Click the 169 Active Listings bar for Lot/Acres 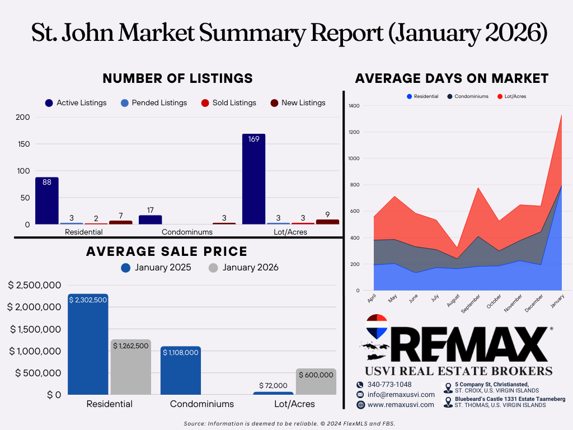point(253,179)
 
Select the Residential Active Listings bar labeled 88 point(47,201)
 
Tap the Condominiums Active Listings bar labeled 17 point(150,219)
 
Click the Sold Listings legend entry point(229,103)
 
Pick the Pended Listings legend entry point(154,103)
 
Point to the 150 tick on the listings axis point(24,144)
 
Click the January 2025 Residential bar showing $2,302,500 point(88,344)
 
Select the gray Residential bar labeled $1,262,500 point(131,367)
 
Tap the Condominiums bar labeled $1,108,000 point(181,371)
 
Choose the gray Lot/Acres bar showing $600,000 point(316,381)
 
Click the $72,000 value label point(273,385)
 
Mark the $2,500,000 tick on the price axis point(35,285)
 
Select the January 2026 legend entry point(243,268)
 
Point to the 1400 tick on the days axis point(354,106)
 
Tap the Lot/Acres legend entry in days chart point(511,96)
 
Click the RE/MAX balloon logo point(377,326)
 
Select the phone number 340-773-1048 point(389,385)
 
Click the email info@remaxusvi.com point(401,395)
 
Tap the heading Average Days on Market point(452,78)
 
